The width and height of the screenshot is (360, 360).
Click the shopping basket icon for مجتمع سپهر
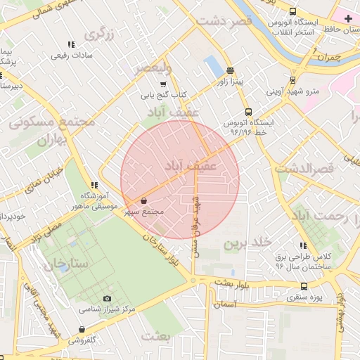click(x=144, y=200)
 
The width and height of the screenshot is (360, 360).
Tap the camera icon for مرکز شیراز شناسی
click(x=107, y=299)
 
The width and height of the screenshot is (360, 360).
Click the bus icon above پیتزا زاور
click(x=230, y=70)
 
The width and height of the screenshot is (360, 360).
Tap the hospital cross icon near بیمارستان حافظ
click(x=349, y=17)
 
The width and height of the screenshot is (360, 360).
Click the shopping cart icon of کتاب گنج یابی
click(x=163, y=84)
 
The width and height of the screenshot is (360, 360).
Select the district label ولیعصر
click(x=153, y=68)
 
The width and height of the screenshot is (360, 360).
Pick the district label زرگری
click(x=99, y=33)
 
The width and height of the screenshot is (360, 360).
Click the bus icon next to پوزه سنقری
click(x=304, y=286)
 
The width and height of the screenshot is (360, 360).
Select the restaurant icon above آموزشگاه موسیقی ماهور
click(x=94, y=186)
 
